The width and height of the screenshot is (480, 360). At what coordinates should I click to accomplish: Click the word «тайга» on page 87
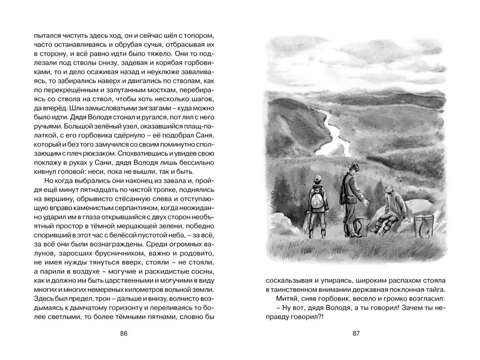pyautogui.click(x=431, y=289)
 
